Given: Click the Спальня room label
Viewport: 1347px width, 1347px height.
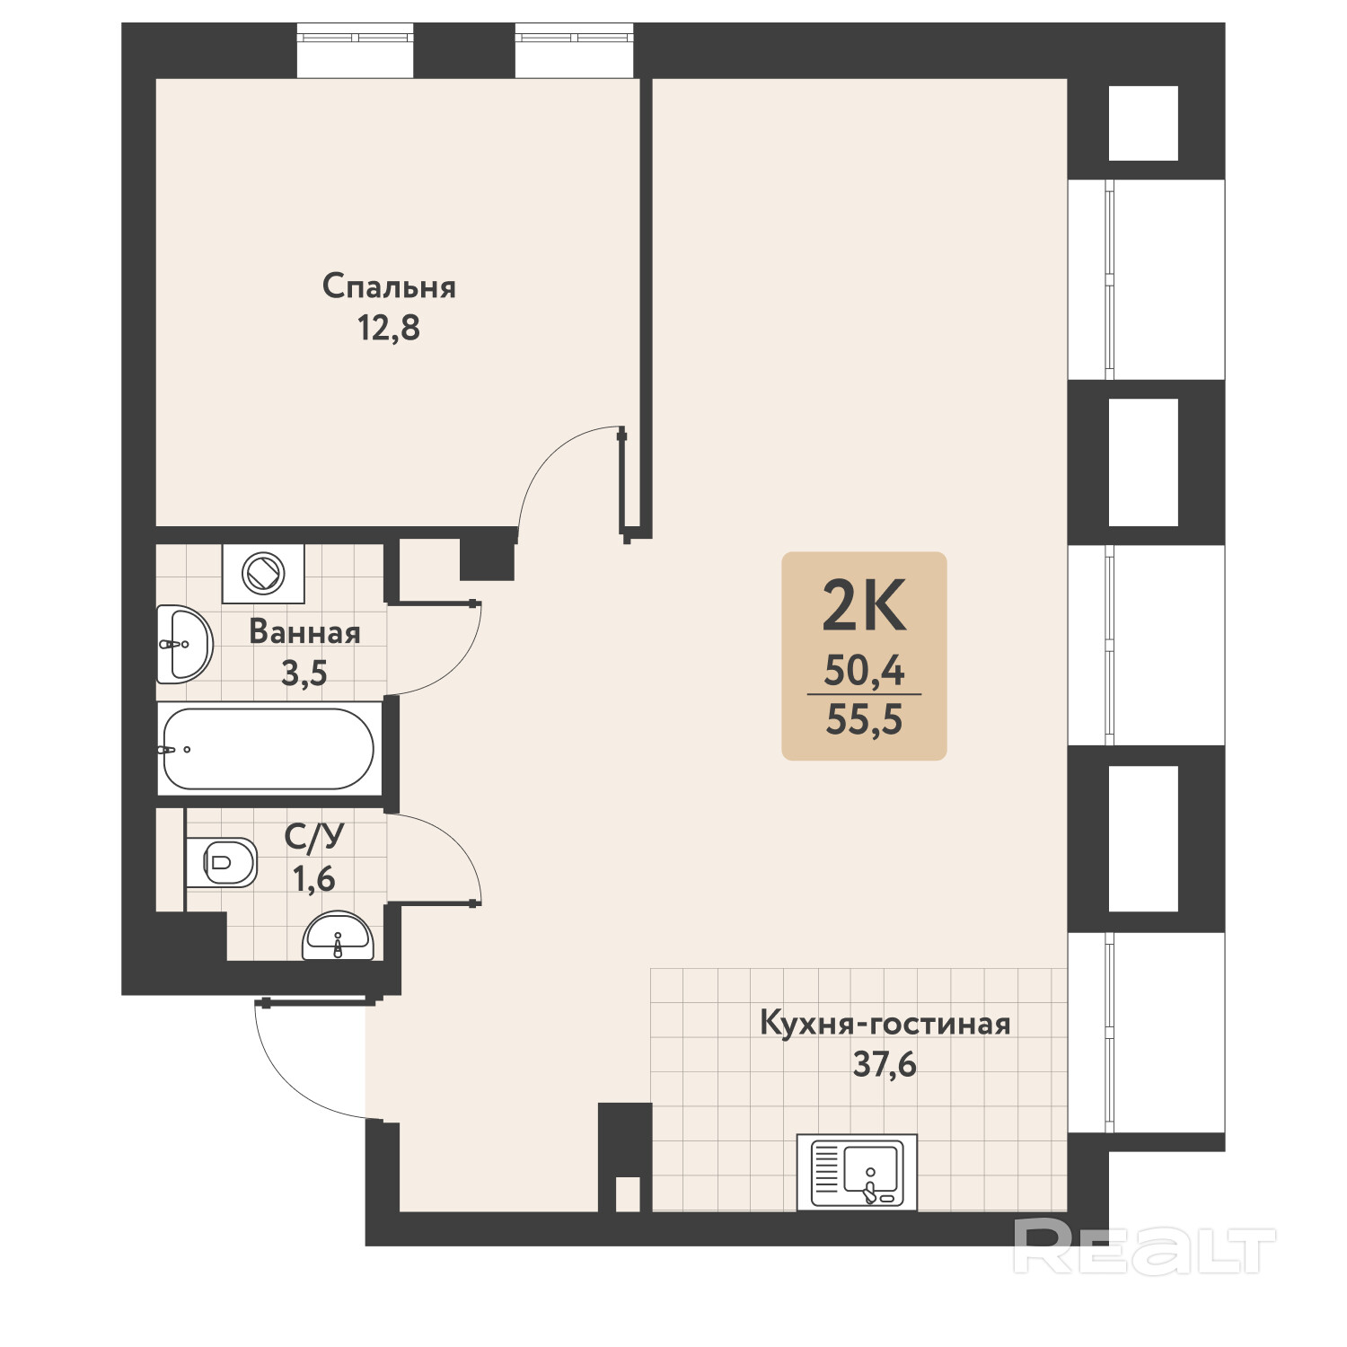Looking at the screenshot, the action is [x=389, y=286].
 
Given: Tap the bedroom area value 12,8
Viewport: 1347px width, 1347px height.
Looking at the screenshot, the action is [x=389, y=329].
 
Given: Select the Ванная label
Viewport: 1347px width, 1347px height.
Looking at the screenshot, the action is [x=304, y=631].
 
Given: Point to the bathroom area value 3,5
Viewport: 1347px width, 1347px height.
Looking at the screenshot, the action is [x=304, y=673].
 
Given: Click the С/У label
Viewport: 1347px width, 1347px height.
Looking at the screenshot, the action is [x=314, y=837].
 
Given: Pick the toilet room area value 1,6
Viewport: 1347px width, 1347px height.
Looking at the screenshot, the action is [x=314, y=878].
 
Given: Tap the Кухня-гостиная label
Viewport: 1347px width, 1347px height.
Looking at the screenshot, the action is [x=885, y=1023].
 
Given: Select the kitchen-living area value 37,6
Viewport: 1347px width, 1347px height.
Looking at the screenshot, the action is [x=885, y=1064].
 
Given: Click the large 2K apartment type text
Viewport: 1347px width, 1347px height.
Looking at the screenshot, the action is [x=864, y=607].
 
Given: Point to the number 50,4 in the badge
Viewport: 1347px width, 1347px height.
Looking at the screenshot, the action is [x=864, y=671].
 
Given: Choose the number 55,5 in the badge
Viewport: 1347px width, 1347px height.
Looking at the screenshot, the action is [x=864, y=719].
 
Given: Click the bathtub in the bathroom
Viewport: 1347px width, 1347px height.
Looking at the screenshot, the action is [x=268, y=749].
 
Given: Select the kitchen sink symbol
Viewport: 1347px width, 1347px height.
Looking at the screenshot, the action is [x=857, y=1172].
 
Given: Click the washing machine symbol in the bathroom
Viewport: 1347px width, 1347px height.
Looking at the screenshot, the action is [x=263, y=573].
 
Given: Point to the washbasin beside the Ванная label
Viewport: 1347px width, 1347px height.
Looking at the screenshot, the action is [x=185, y=644].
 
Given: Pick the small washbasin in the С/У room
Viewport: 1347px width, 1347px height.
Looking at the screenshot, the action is [x=338, y=937].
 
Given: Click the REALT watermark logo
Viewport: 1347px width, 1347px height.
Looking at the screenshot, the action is [x=1144, y=1246].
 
